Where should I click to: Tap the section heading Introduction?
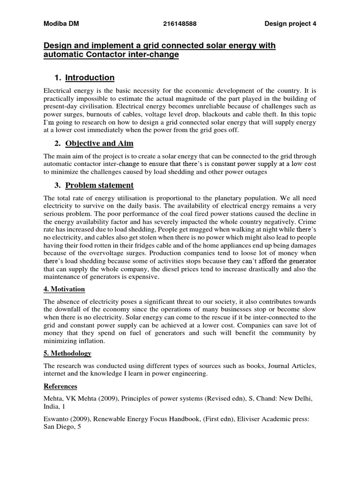pos(90,77)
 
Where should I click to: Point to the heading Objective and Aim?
pos(102,143)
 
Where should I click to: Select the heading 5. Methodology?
pos(67,353)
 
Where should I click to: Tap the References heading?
pos(60,387)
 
